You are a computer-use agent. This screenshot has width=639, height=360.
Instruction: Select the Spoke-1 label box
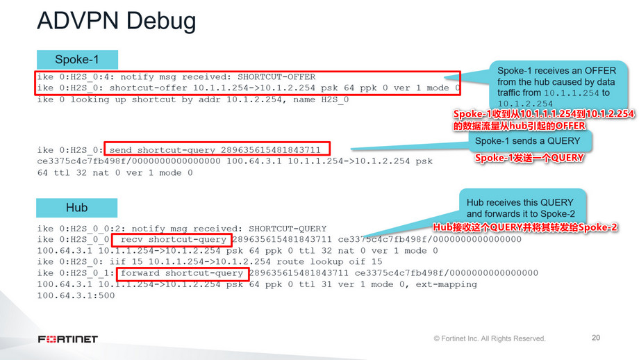[76, 60]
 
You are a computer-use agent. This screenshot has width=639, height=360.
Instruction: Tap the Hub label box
[76, 208]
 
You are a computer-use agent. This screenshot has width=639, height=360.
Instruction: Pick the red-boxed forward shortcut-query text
[181, 273]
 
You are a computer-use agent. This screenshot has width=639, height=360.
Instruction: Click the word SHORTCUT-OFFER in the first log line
[276, 77]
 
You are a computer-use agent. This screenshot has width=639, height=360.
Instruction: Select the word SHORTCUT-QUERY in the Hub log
[288, 229]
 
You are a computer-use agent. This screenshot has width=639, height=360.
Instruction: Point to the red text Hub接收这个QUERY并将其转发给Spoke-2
[525, 227]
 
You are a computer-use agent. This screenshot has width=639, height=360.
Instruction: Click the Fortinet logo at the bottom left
[68, 339]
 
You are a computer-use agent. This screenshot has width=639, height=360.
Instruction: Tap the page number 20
[595, 338]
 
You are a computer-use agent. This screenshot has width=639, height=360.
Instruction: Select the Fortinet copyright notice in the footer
[490, 338]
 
